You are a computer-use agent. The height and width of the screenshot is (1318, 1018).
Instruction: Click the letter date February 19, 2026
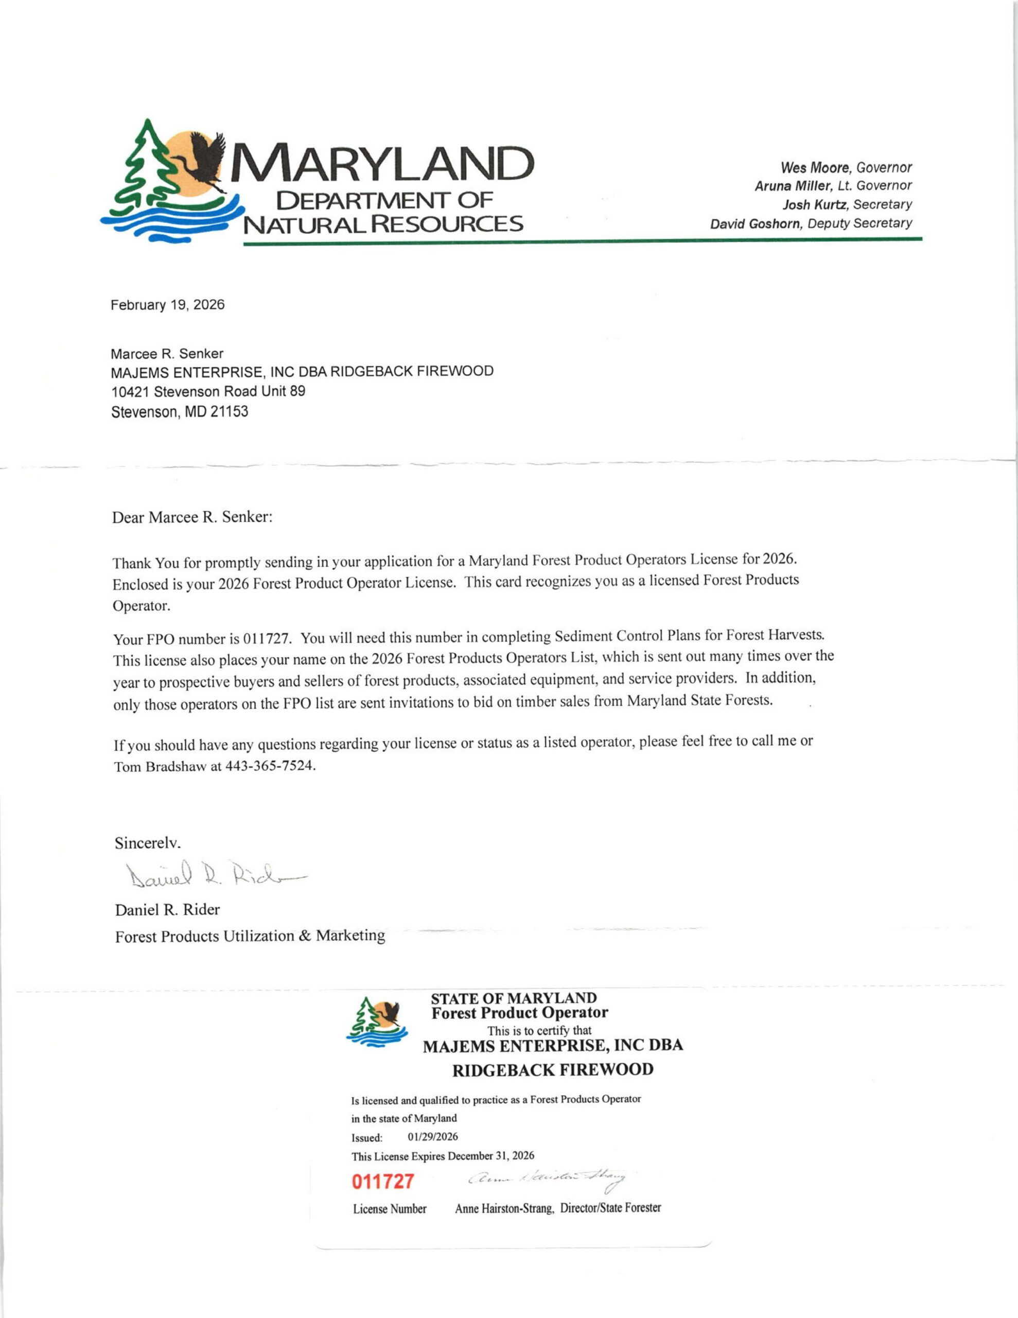[x=167, y=305]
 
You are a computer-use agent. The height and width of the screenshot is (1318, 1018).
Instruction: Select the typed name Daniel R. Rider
[x=167, y=909]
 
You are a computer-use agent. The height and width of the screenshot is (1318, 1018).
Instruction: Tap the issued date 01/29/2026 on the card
[x=433, y=1137]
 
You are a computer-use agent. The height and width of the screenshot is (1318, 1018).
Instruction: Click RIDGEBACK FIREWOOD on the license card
[x=553, y=1070]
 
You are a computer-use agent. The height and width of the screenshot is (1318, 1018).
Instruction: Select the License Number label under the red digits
[x=389, y=1209]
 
